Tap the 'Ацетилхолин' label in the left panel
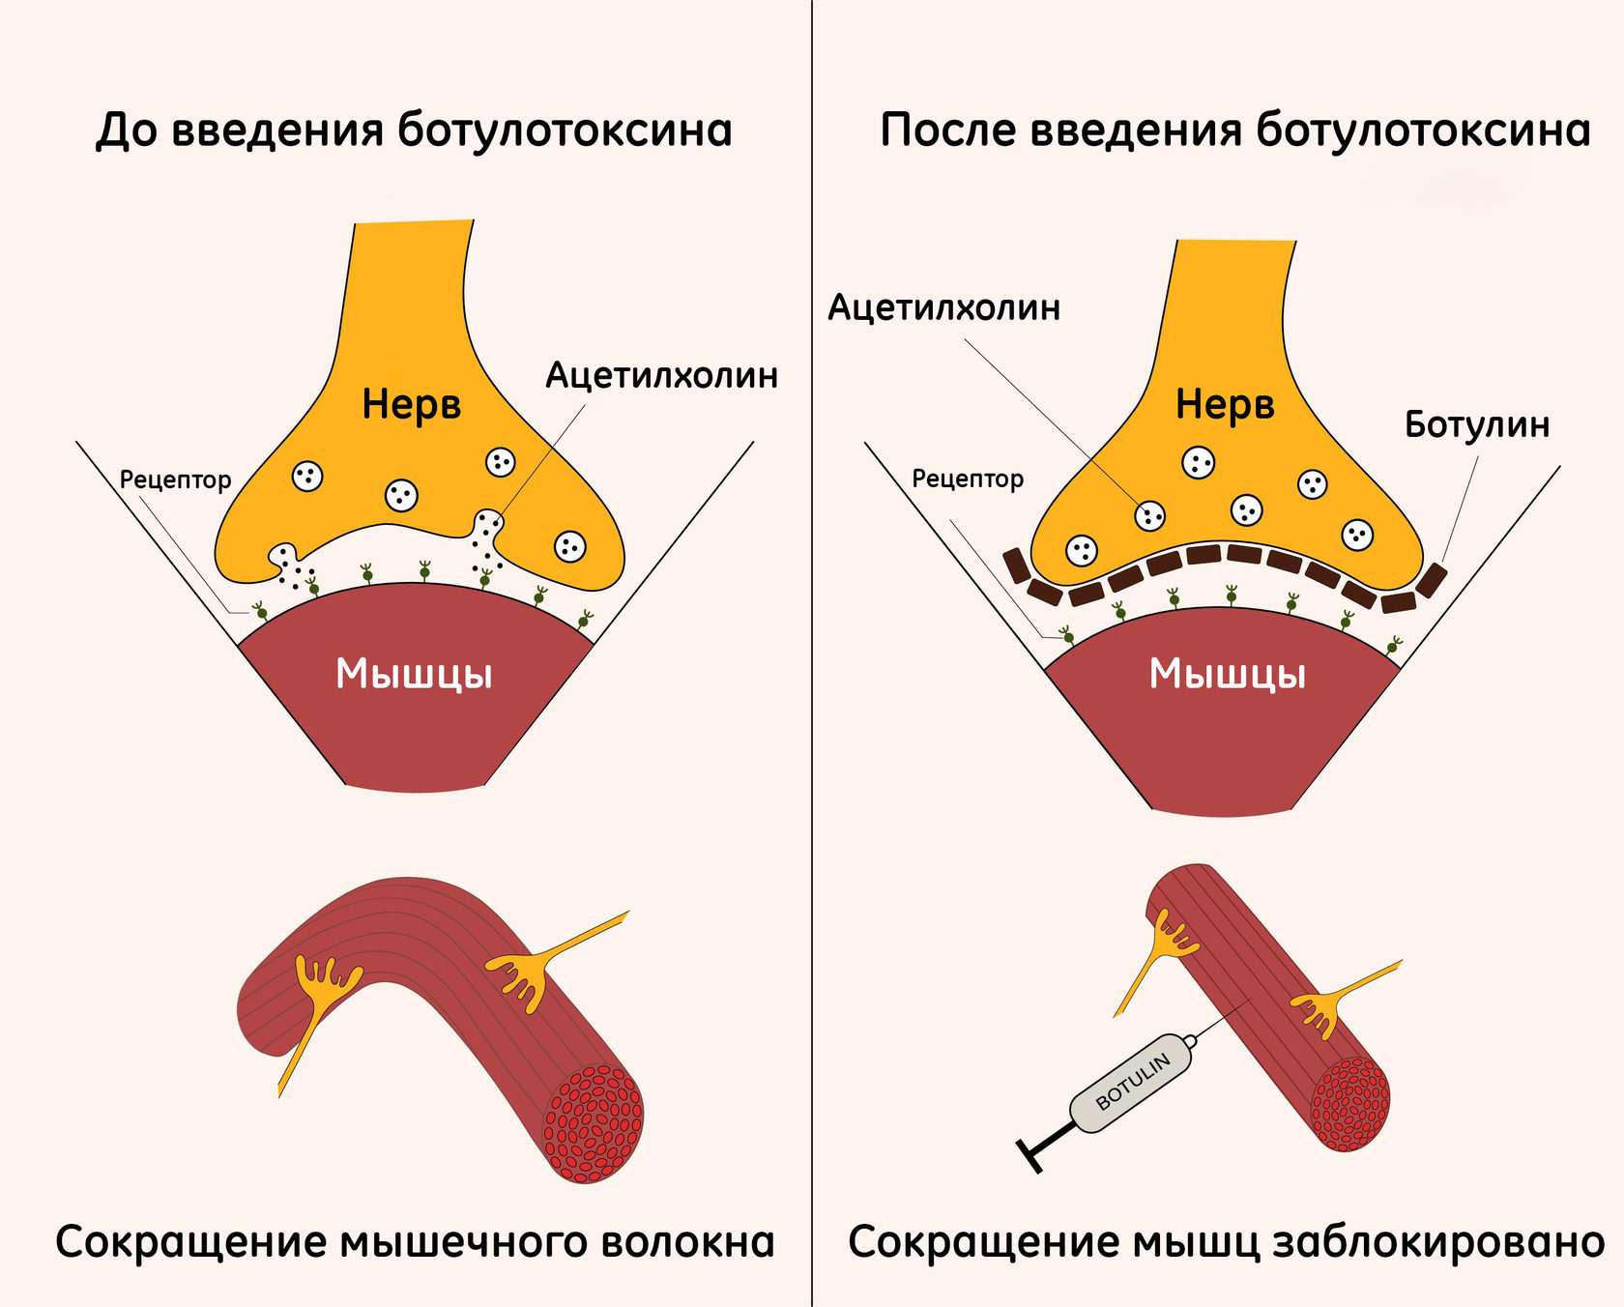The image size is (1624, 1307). [661, 375]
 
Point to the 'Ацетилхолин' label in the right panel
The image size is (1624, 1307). [943, 307]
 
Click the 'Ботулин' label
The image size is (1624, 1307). [1476, 424]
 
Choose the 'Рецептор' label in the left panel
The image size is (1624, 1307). [175, 480]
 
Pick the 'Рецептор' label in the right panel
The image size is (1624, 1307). [968, 479]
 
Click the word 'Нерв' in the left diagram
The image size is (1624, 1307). [411, 404]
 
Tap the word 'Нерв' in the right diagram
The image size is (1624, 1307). [1225, 404]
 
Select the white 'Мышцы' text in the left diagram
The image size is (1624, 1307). [414, 674]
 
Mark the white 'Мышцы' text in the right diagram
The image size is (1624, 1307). [1227, 674]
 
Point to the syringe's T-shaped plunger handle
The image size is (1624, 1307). [1032, 1154]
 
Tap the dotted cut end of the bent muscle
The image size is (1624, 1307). [594, 1124]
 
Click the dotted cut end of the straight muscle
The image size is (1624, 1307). [1350, 1104]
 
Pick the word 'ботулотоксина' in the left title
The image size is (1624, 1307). [565, 131]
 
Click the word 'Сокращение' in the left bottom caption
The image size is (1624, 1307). [190, 1242]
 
